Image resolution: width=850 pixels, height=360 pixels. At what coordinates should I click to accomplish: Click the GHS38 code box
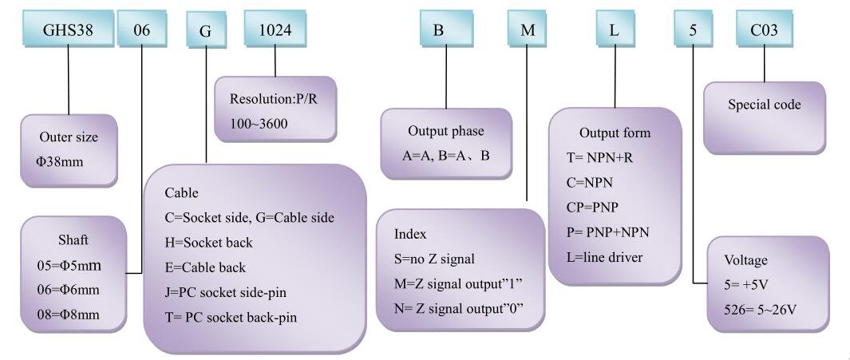coord(69,29)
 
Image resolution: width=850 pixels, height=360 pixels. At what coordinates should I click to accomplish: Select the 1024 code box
coord(275,29)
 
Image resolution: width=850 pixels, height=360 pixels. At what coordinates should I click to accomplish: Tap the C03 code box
coord(764,29)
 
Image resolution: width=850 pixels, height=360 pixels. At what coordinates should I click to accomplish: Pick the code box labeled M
coord(528,29)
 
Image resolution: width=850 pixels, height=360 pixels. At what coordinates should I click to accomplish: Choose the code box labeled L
coord(615,29)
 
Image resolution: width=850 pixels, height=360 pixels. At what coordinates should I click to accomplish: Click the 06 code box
coord(141,29)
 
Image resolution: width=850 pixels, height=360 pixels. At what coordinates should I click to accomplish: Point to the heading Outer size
coord(69,137)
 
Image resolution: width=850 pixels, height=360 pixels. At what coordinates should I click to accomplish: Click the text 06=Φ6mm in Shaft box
coord(65,290)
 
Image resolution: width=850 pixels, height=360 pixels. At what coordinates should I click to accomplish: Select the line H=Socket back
coord(208,243)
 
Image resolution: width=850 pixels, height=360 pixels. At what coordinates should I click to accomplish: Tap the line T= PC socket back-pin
coord(231,317)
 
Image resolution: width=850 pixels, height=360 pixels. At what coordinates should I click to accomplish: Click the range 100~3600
coord(259,125)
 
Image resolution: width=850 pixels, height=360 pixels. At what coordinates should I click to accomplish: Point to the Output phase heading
coord(445,131)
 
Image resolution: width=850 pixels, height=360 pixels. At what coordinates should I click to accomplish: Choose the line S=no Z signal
coord(434,259)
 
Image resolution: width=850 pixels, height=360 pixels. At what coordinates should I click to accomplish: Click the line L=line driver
coord(604,257)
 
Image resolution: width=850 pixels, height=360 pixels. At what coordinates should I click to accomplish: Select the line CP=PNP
coord(592,207)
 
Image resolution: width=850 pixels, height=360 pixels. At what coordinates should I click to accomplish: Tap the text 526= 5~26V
coord(761,310)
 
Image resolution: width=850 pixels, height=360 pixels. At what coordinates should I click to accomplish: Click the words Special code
coord(765,105)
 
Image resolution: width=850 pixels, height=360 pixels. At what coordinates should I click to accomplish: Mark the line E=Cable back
coord(205,267)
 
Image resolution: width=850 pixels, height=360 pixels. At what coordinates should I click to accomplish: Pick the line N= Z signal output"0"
coord(459,309)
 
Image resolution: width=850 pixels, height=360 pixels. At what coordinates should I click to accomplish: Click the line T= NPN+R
coord(599,158)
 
